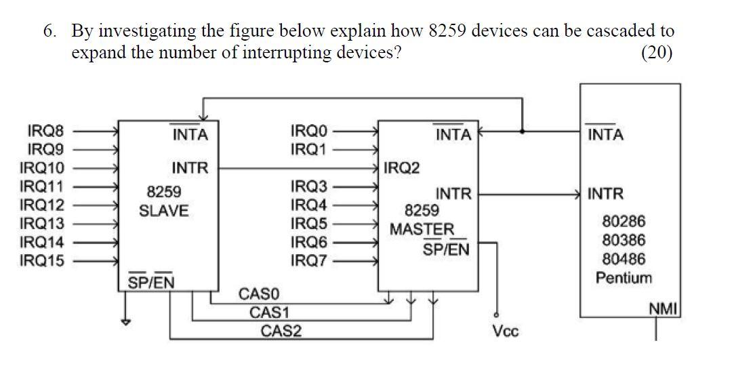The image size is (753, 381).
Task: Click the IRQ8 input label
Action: [x=42, y=130]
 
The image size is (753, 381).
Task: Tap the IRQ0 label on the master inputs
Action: [x=308, y=130]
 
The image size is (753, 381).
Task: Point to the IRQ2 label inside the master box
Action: [x=402, y=167]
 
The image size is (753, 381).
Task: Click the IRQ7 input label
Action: [x=308, y=259]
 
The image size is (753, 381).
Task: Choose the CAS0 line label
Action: [x=258, y=294]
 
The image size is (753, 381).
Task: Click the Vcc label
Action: [x=506, y=332]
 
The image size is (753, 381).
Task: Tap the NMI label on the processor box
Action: [x=664, y=310]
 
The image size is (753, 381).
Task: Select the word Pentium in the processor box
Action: [x=624, y=278]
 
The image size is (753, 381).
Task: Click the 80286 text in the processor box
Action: [x=624, y=222]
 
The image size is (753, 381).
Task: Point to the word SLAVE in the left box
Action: [x=164, y=211]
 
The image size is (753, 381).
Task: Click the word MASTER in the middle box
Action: [x=422, y=229]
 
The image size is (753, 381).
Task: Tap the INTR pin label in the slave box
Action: [x=190, y=167]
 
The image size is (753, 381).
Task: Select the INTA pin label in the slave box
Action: [x=190, y=135]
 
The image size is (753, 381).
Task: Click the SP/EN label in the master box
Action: [x=446, y=249]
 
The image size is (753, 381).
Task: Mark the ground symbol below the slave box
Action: [x=125, y=322]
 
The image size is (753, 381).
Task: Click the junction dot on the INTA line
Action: [x=522, y=131]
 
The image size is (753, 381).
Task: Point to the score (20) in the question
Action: [x=656, y=54]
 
